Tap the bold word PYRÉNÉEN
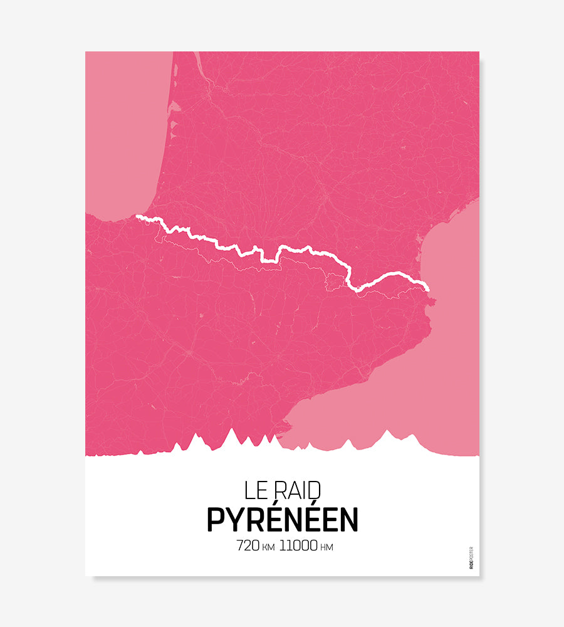(282, 519)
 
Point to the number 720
(248, 546)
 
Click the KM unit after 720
(268, 547)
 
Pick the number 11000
(298, 546)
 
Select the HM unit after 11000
(326, 547)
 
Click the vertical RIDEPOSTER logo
(471, 557)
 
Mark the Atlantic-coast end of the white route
(138, 217)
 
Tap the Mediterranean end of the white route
(427, 288)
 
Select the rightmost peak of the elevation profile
(412, 435)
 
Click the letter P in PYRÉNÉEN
(216, 520)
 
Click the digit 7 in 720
(240, 546)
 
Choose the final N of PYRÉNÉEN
(349, 520)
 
